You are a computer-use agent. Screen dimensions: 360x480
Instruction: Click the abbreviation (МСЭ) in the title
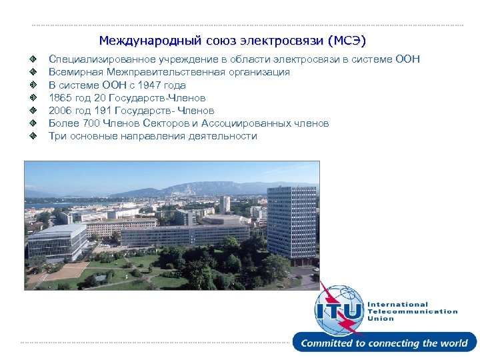347,41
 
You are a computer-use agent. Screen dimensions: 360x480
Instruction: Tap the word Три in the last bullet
57,136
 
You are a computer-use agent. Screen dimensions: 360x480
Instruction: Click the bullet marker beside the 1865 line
32,98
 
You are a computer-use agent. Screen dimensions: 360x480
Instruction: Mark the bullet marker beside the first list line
32,60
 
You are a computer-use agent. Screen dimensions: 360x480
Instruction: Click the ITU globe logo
340,309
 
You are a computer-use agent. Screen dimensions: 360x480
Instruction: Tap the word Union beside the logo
381,319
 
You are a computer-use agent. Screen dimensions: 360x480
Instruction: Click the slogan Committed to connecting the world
384,343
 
